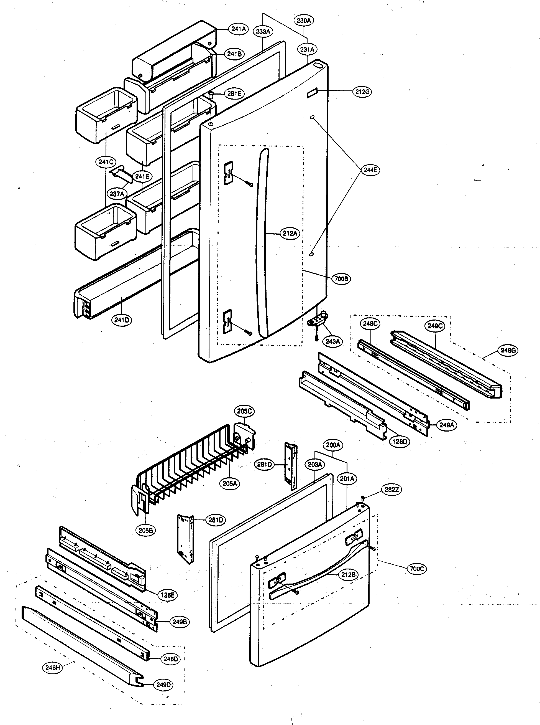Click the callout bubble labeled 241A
coord(239,29)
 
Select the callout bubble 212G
coord(362,92)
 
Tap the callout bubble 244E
coord(370,170)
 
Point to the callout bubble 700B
coord(341,279)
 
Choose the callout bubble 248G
coord(508,350)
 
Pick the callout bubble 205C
coord(244,411)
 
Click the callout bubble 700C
coord(417,569)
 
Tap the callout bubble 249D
coord(163,685)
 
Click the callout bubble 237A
coord(117,194)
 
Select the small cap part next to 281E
coord(211,95)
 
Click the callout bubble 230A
coord(304,21)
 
